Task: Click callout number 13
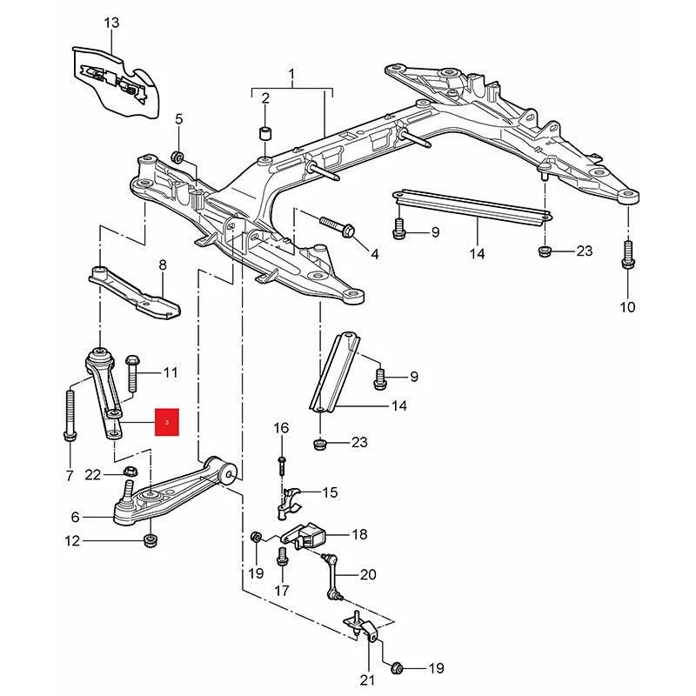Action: (110, 23)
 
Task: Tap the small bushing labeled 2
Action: (265, 133)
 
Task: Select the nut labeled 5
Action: (177, 157)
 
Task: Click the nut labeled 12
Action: (150, 543)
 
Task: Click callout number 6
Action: (75, 517)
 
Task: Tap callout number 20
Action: (368, 574)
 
